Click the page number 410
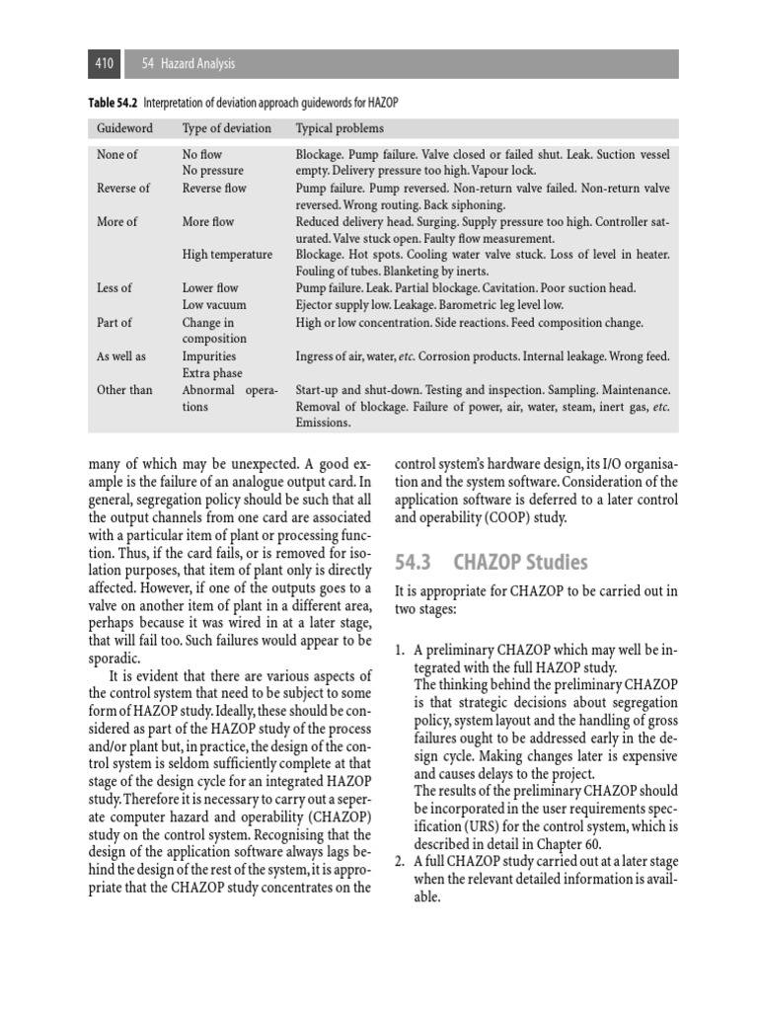pos(104,64)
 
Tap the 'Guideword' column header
pos(123,128)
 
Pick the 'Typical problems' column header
pos(340,128)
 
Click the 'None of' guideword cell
pos(117,155)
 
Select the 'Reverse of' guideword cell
pos(123,189)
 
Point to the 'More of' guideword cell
pos(117,222)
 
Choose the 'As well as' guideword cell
pos(122,356)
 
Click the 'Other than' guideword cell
pos(124,390)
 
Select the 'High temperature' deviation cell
pos(227,255)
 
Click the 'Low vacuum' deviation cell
pos(214,305)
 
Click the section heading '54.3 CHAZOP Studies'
pos(491,563)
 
